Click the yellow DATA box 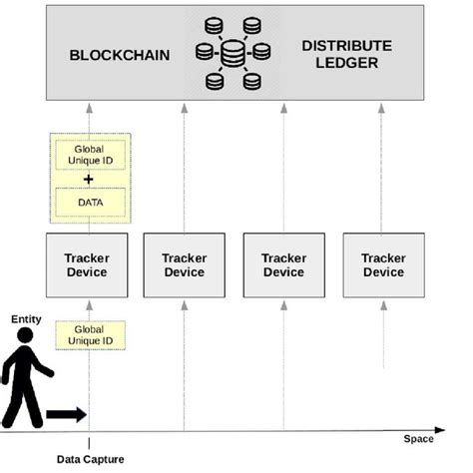click(x=89, y=203)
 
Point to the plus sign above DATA click(x=89, y=179)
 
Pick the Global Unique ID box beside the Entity click(x=89, y=335)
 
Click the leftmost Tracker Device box click(x=89, y=264)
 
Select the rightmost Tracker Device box click(x=383, y=264)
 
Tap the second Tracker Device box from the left click(x=184, y=264)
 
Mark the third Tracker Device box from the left click(x=283, y=264)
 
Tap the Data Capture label click(x=89, y=459)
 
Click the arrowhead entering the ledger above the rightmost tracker click(x=383, y=107)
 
